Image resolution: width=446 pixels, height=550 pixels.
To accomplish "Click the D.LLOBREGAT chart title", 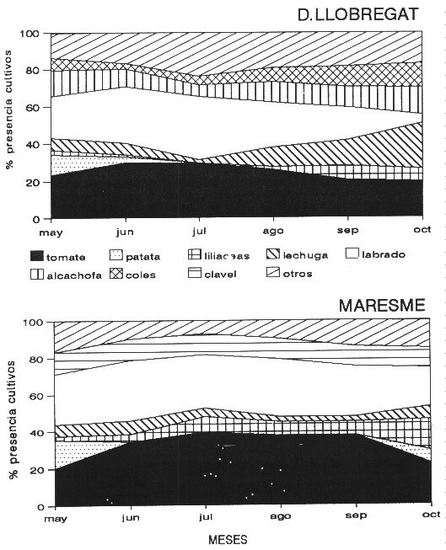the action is coord(357,14).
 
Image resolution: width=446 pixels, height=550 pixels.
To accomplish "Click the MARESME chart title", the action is coord(381,305).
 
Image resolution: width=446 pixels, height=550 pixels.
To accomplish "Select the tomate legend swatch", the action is coord(37,256).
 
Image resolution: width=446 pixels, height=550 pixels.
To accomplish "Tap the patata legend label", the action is coord(143,257).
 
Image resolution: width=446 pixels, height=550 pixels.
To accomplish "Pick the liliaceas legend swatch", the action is coord(195,254).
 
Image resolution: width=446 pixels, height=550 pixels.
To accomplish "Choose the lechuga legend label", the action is coord(305,255).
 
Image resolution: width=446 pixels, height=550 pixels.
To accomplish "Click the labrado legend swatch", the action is coord(352,254).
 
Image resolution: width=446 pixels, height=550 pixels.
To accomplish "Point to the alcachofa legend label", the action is coord(74,275).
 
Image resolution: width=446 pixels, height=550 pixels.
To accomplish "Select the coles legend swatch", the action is coord(116,274).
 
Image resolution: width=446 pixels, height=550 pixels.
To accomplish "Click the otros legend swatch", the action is coord(273,272).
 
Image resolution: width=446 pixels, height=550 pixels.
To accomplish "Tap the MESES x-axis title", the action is coord(228,539).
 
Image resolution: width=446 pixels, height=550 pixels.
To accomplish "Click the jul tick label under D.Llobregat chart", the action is coord(199,232).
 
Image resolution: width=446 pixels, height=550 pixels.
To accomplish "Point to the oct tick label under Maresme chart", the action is coord(432,515).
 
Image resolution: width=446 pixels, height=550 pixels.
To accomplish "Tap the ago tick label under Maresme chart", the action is coord(281,516).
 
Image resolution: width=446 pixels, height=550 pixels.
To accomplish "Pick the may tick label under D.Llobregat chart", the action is coord(51,232).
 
